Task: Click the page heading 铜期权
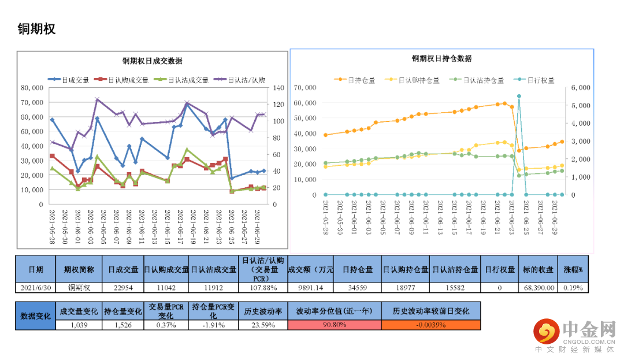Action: pos(36,29)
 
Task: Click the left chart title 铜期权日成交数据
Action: pos(152,61)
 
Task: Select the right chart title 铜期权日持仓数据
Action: pos(441,59)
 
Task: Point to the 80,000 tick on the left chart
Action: pos(32,88)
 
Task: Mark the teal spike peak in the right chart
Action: pos(519,96)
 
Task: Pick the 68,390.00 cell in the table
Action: pos(539,288)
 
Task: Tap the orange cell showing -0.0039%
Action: pos(430,325)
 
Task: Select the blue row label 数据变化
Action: pos(36,316)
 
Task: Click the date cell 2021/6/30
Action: pos(36,288)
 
